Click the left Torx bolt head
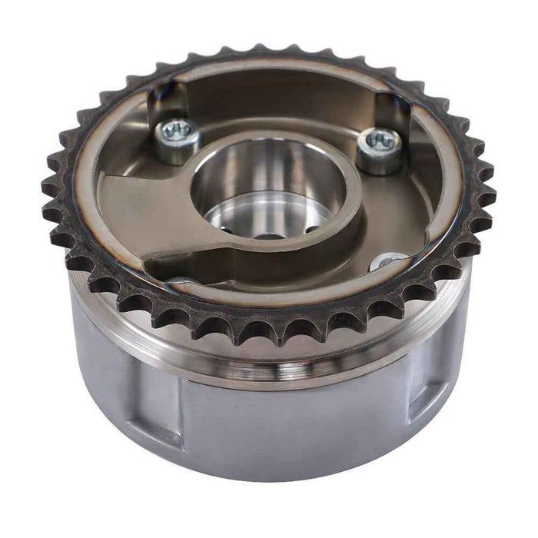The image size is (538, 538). [178, 134]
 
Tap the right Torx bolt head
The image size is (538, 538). [380, 144]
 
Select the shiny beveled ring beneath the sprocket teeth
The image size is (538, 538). [269, 361]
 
